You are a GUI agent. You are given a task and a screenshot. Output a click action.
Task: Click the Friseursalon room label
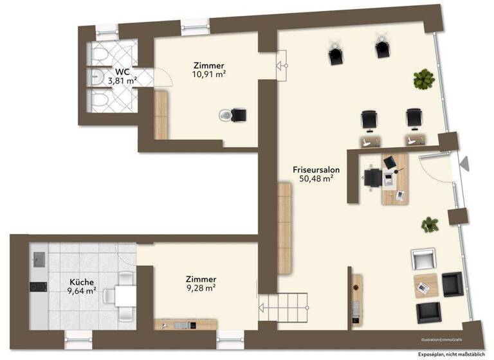pyautogui.click(x=315, y=170)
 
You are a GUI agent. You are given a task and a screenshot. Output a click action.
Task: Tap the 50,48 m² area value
pyautogui.click(x=315, y=179)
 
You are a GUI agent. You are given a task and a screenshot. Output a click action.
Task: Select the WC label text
pyautogui.click(x=122, y=71)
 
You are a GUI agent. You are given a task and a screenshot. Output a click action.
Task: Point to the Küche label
pyautogui.click(x=82, y=282)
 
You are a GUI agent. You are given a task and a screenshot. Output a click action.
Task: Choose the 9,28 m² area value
pyautogui.click(x=200, y=289)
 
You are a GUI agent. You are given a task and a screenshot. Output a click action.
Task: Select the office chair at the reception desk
pyautogui.click(x=372, y=177)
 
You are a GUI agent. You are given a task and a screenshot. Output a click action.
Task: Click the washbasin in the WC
pyautogui.click(x=96, y=78)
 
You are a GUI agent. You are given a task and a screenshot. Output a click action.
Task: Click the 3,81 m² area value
pyautogui.click(x=122, y=81)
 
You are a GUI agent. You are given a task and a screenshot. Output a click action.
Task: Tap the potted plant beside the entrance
pyautogui.click(x=430, y=224)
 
